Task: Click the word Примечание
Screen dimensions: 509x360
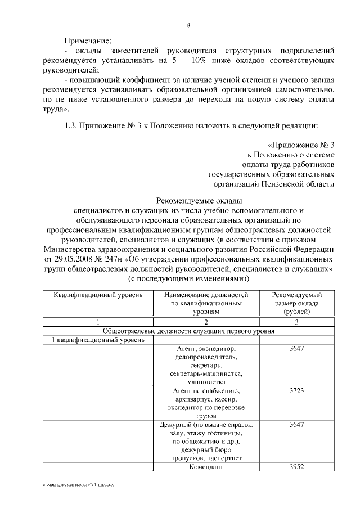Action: click(87, 41)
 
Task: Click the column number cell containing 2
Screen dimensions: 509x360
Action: click(206, 322)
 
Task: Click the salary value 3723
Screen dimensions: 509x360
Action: click(296, 390)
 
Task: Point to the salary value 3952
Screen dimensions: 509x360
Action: click(296, 467)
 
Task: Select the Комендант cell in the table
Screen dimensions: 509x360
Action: click(206, 467)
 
